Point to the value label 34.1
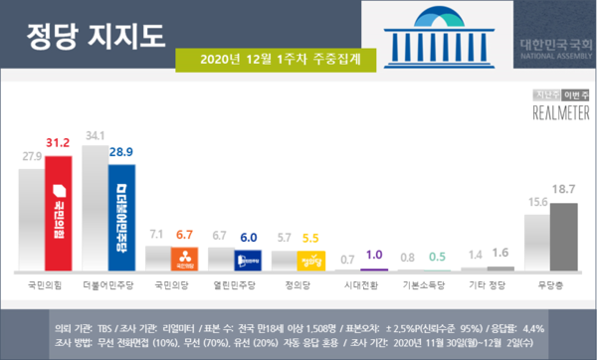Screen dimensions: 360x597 click(x=96, y=135)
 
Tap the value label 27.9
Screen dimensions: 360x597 click(x=31, y=157)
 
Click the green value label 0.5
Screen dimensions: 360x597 click(x=437, y=257)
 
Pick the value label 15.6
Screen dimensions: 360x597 click(x=535, y=202)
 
